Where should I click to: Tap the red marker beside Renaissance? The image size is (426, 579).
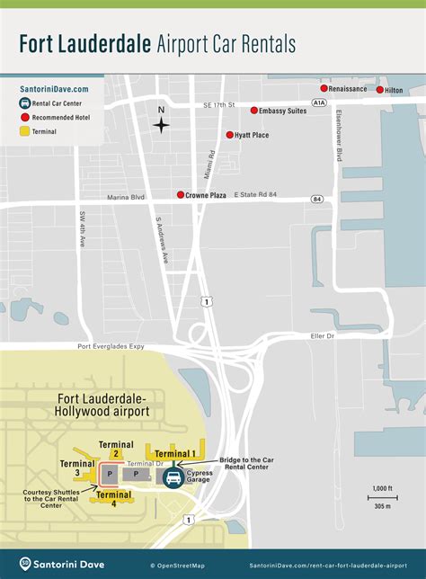(x=324, y=88)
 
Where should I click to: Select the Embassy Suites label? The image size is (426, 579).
(x=283, y=111)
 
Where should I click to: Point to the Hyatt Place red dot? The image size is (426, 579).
(x=228, y=135)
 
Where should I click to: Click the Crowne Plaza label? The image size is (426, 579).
(x=206, y=195)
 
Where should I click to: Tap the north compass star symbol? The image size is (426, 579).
(x=161, y=126)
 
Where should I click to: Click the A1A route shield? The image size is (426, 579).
(x=320, y=104)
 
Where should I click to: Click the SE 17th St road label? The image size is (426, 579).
(x=218, y=105)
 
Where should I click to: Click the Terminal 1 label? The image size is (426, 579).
(x=175, y=453)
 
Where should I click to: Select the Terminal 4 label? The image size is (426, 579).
(x=114, y=494)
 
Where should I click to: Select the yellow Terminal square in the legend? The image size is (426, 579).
(x=24, y=131)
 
